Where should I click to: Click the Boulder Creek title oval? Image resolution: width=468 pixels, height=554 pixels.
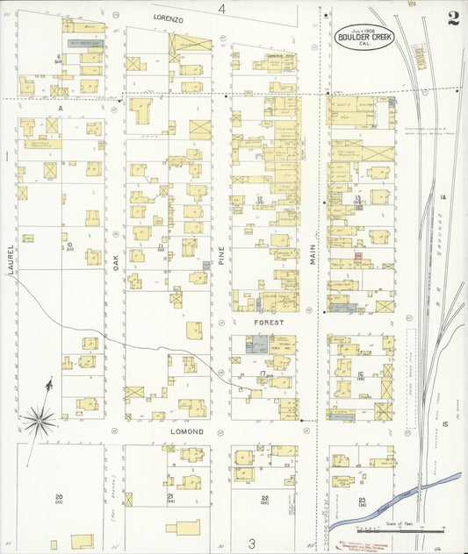pos(364,37)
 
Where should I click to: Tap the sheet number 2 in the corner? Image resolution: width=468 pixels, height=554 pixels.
pos(452,19)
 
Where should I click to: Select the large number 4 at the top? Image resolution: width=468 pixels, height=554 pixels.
pos(222,9)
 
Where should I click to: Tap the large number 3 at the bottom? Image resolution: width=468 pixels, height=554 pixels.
pos(251,543)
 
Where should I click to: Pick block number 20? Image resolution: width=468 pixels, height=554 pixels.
pos(59,497)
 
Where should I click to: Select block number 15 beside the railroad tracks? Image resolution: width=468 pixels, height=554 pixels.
pos(445,424)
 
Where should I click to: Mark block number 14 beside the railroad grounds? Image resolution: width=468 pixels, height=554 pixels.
pos(444,198)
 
